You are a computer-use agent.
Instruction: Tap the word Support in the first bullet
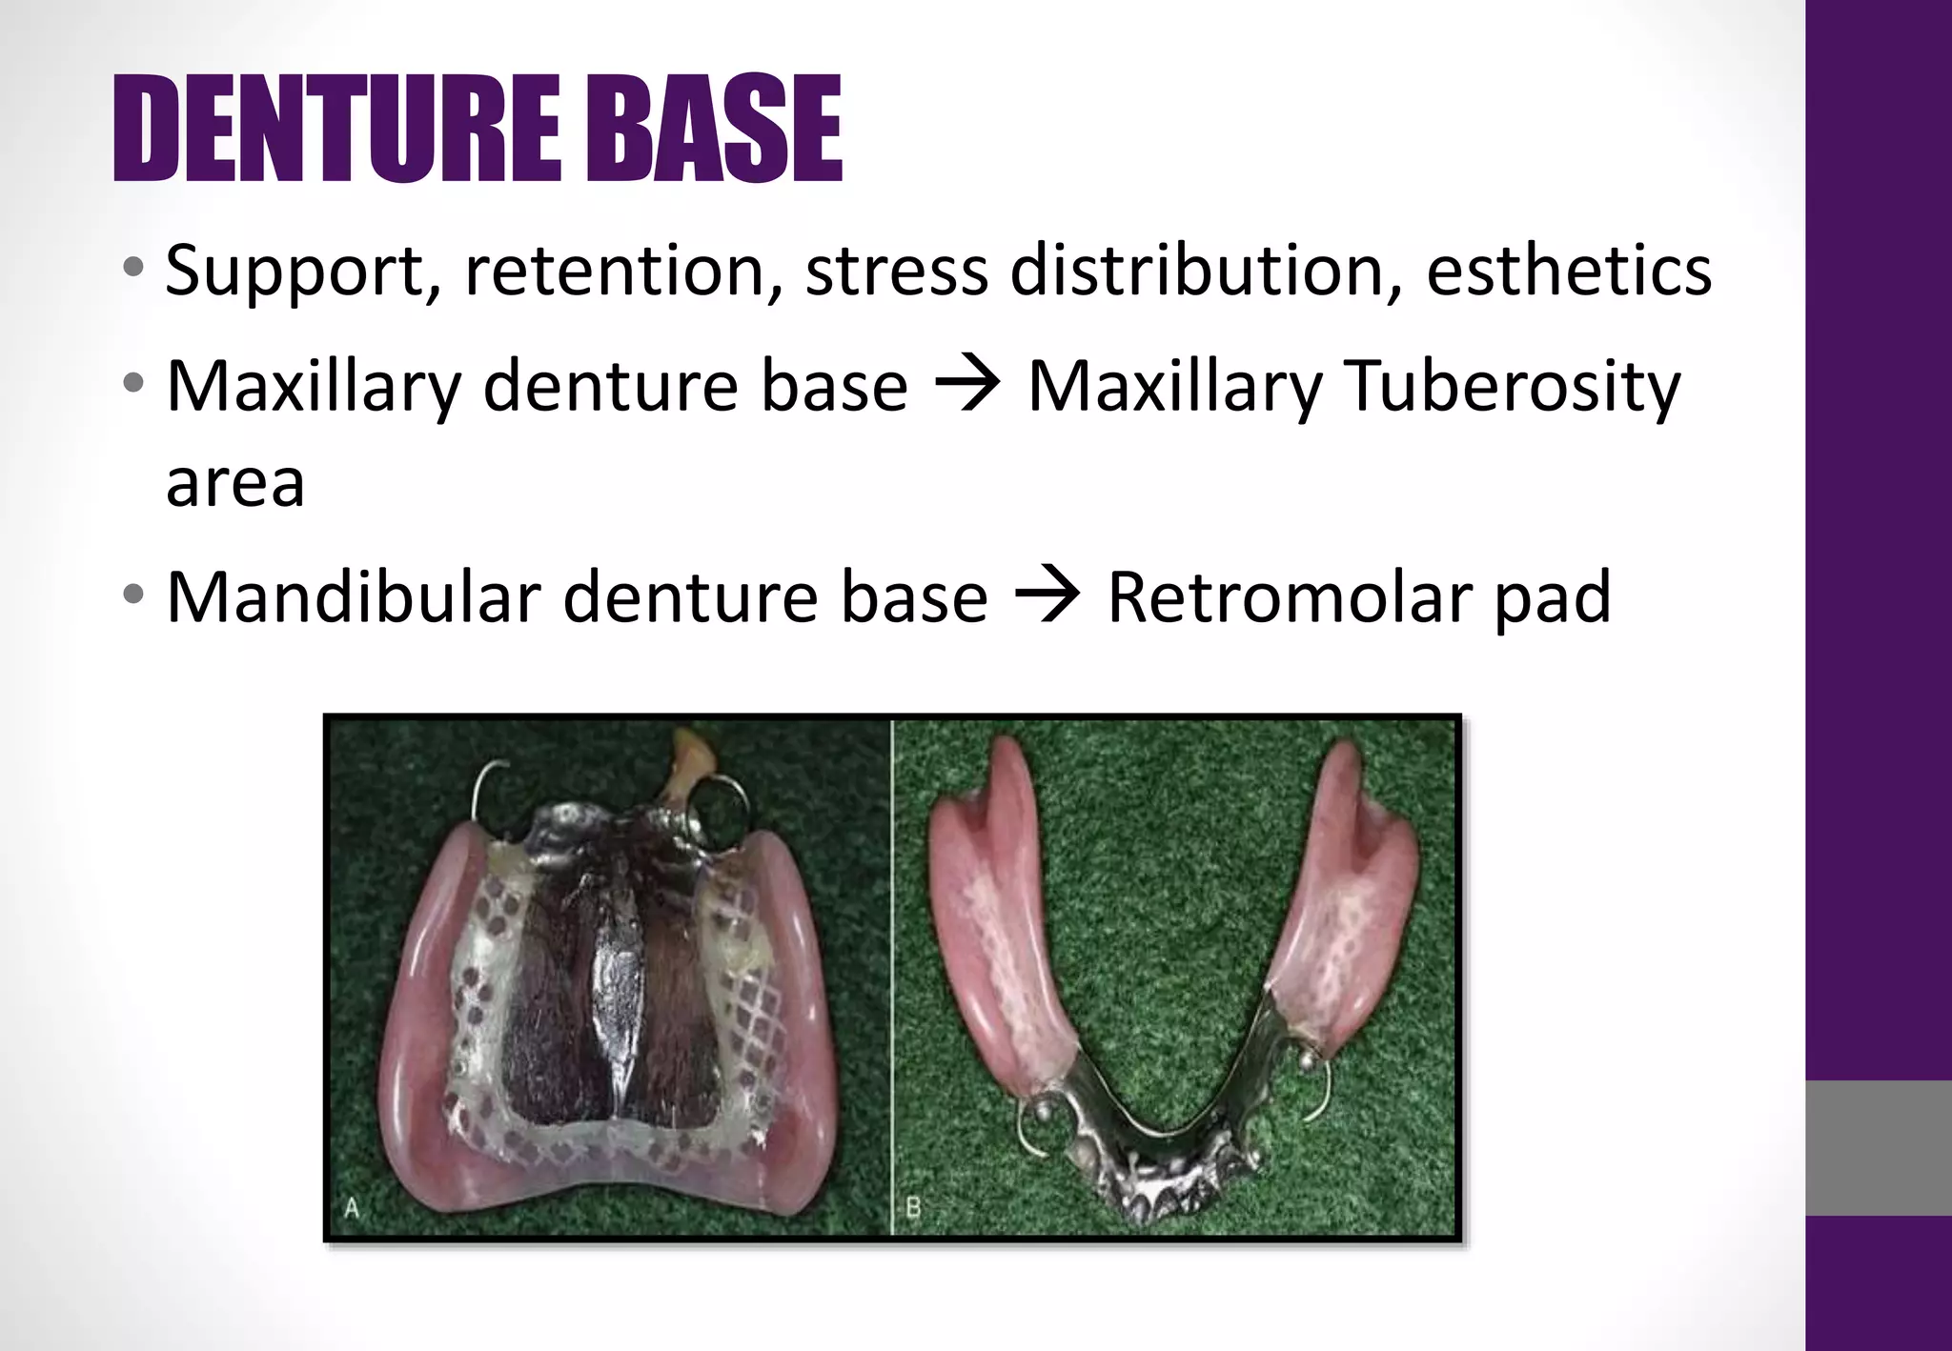294,272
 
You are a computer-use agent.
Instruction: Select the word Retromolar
1290,598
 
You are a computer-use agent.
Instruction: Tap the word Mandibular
354,597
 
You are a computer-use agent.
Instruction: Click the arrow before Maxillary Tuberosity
967,386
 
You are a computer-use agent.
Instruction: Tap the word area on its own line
235,485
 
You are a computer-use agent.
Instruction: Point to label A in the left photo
352,1209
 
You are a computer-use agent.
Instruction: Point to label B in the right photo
912,1209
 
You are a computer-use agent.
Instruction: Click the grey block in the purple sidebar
1878,1147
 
